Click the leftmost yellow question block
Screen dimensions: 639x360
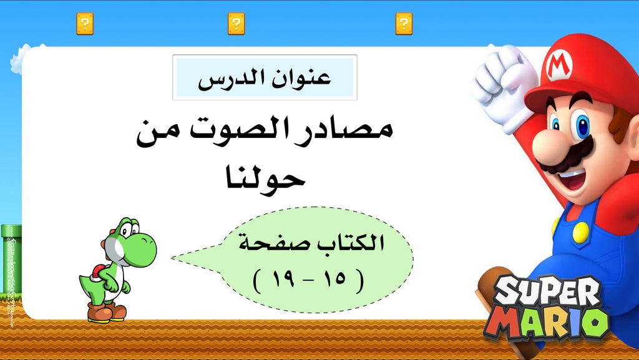click(85, 24)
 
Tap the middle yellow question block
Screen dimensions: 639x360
click(236, 24)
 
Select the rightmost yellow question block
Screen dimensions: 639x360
click(404, 24)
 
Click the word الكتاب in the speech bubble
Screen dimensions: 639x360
click(353, 243)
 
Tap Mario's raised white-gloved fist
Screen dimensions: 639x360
click(504, 82)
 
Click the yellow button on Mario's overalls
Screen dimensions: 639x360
click(580, 233)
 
